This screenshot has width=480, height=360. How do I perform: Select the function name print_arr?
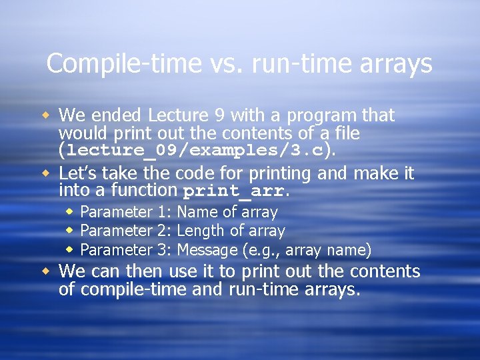233,191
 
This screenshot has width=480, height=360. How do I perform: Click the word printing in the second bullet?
282,173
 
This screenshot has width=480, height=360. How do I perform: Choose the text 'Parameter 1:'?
127,212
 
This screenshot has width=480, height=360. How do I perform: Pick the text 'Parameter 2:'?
127,231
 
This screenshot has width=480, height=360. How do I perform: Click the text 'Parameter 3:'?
127,250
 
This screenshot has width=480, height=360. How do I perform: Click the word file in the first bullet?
345,133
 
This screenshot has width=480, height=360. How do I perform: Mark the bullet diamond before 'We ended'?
45,115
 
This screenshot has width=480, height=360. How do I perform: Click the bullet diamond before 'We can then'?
45,271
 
